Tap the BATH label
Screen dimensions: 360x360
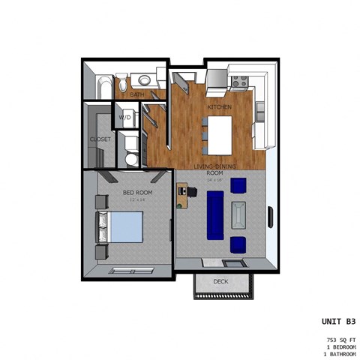[137, 95]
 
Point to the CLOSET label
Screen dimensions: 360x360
[100, 139]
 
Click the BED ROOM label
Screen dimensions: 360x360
[137, 193]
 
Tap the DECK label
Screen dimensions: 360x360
[220, 282]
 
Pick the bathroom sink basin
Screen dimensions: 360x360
[142, 80]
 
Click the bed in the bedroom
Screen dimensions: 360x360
[120, 226]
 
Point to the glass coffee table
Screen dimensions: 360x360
[238, 214]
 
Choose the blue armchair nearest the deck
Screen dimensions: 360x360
[238, 244]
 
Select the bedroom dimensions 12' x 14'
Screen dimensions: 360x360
[137, 200]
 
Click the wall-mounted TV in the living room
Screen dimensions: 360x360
[269, 216]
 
